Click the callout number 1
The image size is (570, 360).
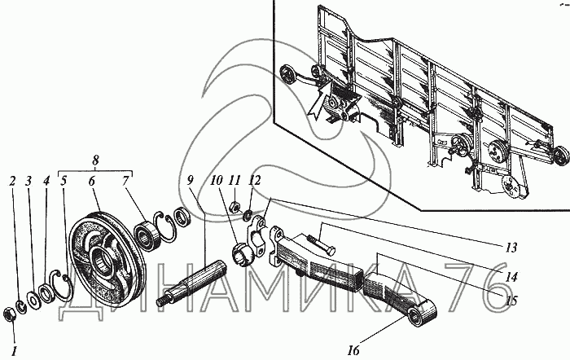click(x=14, y=351)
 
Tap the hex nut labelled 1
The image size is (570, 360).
click(x=9, y=314)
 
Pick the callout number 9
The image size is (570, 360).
click(x=190, y=180)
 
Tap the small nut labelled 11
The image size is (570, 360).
click(x=235, y=207)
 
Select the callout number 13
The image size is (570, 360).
click(x=511, y=248)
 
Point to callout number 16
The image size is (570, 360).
click(x=353, y=351)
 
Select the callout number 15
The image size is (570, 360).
click(x=511, y=301)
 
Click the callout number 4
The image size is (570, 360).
click(x=46, y=181)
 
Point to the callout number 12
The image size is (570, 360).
click(x=255, y=180)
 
